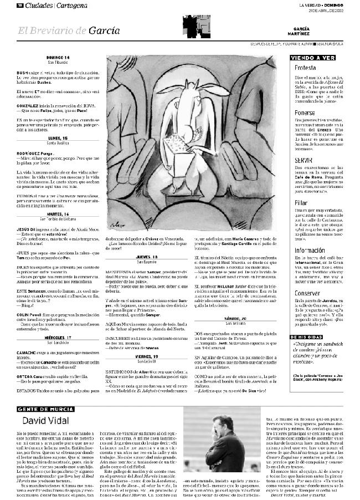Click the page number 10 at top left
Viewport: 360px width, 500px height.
point(19,5)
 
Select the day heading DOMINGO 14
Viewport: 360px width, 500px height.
point(58,58)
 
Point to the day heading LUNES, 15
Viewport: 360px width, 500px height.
point(58,137)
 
